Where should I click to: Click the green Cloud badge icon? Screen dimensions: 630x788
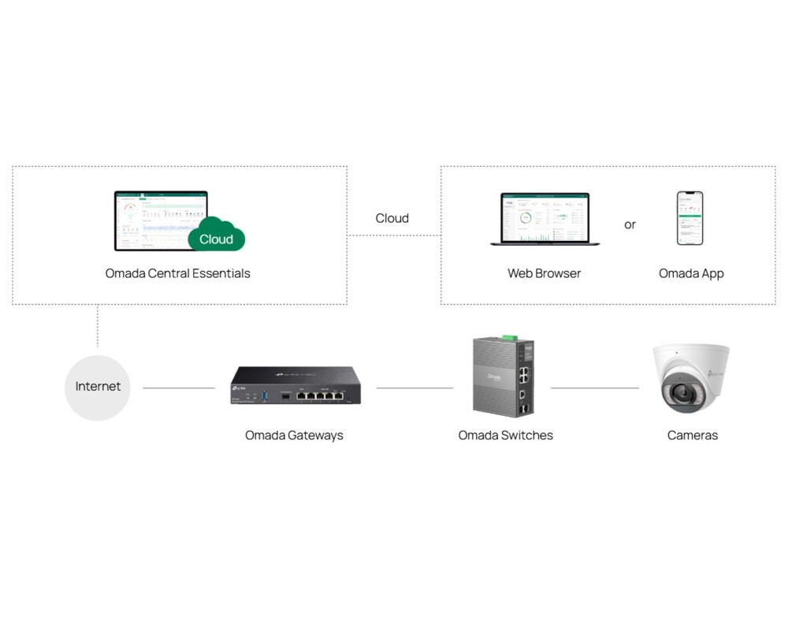click(217, 236)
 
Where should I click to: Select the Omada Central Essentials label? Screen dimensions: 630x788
click(178, 273)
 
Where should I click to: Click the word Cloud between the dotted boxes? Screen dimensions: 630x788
click(392, 218)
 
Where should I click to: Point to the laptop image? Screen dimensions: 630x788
click(545, 219)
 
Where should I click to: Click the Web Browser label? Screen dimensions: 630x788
click(544, 273)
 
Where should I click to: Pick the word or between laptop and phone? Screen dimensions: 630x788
click(630, 224)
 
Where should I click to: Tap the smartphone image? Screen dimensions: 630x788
click(689, 218)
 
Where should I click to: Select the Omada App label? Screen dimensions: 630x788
click(691, 273)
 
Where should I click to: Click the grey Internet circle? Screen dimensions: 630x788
click(98, 387)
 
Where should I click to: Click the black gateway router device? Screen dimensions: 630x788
click(295, 386)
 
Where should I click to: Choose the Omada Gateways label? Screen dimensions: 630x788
click(294, 435)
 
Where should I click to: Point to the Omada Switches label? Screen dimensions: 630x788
click(505, 435)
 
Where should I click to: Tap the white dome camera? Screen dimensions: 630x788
click(690, 378)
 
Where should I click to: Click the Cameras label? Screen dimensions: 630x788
click(692, 435)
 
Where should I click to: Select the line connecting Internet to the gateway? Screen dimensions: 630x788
click(178, 387)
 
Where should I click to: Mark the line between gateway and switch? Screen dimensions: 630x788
click(414, 387)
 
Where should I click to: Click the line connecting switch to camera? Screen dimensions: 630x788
click(594, 387)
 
